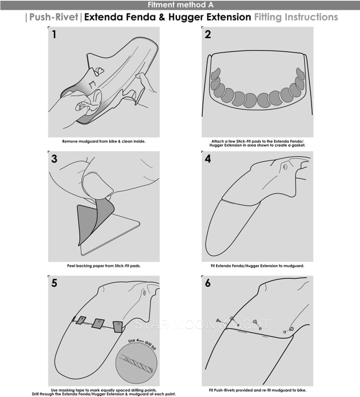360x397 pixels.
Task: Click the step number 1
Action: coord(54,35)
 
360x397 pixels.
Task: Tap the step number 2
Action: coord(208,35)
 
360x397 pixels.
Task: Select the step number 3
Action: coord(54,159)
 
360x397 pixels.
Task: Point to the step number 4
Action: coord(208,159)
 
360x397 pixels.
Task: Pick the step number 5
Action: coord(54,283)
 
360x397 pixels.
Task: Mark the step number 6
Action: coord(208,283)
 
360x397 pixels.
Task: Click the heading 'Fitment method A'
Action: coord(180,5)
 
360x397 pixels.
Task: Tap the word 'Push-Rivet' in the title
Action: coord(54,17)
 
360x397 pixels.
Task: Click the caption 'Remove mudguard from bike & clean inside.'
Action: coord(104,141)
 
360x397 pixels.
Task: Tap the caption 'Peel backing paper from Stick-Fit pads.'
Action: coord(104,266)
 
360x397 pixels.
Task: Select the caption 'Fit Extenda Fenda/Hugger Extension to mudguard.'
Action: coord(257,266)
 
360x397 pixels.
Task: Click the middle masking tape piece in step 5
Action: coord(98,323)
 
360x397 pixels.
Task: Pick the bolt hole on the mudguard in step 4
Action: coord(285,167)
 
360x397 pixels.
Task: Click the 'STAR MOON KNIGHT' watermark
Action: coord(202,324)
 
